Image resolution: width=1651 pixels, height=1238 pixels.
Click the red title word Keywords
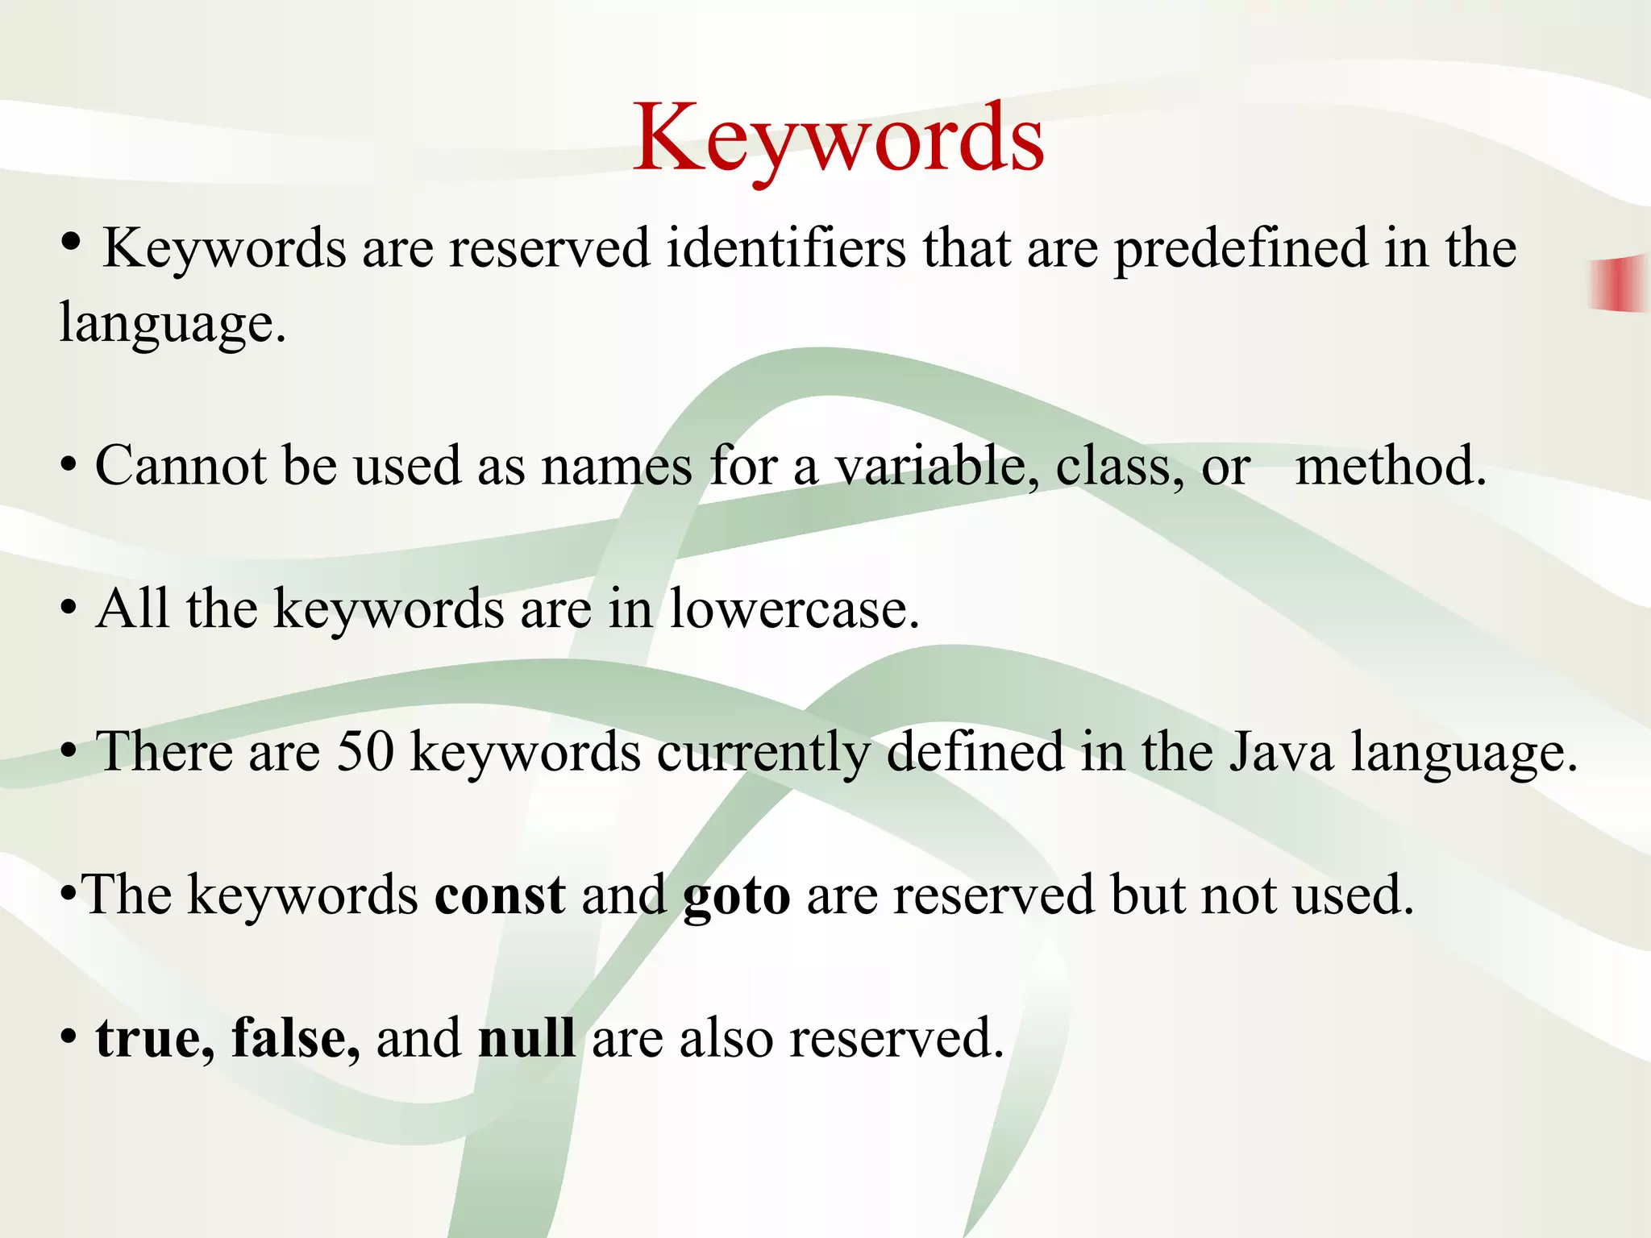[x=838, y=139]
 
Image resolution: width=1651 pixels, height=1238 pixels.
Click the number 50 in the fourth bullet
[x=365, y=752]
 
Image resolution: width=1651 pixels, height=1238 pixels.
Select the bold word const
[x=500, y=895]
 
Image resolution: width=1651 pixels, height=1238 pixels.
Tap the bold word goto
[x=736, y=897]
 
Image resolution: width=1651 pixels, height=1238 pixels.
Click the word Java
[x=1281, y=752]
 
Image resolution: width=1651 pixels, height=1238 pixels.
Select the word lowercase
[x=794, y=609]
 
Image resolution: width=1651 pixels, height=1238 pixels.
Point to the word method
[x=1391, y=467]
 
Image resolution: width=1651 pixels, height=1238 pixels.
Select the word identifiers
[x=787, y=248]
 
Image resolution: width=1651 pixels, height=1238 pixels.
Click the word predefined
[x=1241, y=248]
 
